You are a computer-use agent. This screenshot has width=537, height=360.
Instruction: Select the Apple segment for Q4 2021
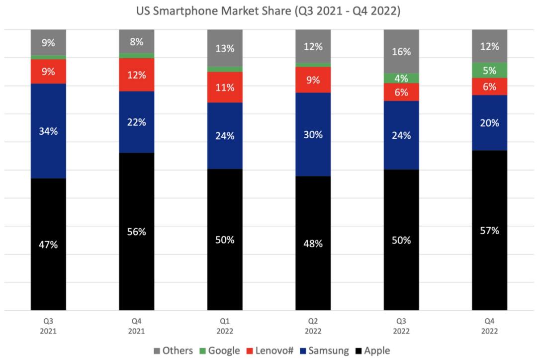point(137,232)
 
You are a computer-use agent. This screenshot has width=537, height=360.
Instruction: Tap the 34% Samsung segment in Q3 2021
point(48,131)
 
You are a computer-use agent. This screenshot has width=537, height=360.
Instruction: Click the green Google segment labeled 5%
point(490,70)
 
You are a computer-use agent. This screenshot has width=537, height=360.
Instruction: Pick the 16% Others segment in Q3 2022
point(401,51)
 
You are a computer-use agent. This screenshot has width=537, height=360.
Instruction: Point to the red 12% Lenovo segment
point(137,75)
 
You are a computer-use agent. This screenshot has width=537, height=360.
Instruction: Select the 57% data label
point(490,231)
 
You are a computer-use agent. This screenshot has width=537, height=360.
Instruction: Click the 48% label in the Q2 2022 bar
point(313,244)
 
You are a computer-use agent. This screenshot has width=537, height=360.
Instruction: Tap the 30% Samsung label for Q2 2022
point(313,135)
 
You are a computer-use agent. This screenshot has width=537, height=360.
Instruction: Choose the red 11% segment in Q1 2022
point(225,88)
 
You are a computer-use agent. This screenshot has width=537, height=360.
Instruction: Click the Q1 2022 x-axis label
point(225,326)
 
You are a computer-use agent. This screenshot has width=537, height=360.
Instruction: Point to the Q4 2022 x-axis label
point(490,326)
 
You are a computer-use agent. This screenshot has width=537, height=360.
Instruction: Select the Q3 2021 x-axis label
point(48,326)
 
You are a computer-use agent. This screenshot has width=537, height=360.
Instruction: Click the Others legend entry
point(173,351)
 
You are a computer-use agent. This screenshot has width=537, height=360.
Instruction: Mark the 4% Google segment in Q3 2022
point(401,78)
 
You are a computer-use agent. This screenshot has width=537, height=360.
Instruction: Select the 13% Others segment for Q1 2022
point(225,48)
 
